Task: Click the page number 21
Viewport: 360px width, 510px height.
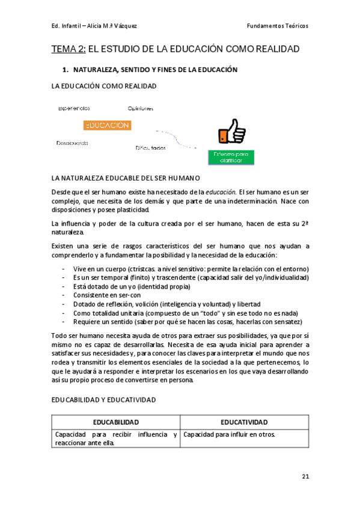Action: pos(305,476)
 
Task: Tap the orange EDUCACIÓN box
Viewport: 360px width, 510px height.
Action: pos(107,125)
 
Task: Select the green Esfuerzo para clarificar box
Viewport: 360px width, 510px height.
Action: pos(231,158)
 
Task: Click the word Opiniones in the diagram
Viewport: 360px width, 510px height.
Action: pos(140,109)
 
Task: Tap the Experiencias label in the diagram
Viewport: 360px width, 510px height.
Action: pos(74,108)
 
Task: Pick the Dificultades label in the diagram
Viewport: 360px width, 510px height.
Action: pos(150,147)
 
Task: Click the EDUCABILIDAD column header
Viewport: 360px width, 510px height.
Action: pos(115,422)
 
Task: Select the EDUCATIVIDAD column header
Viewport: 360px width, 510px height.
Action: pos(244,422)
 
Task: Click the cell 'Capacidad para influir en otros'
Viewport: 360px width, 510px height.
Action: pos(229,434)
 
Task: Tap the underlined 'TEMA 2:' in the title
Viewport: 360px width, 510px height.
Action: pos(69,49)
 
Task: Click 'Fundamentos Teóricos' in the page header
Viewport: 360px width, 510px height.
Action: pos(277,26)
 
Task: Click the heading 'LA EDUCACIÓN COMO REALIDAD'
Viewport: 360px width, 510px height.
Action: pos(104,87)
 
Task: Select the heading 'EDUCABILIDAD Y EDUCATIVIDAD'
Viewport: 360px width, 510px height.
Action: pos(104,399)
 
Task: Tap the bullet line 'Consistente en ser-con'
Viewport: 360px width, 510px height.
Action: pos(106,295)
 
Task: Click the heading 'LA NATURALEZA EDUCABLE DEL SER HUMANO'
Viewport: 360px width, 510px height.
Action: pos(126,179)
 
